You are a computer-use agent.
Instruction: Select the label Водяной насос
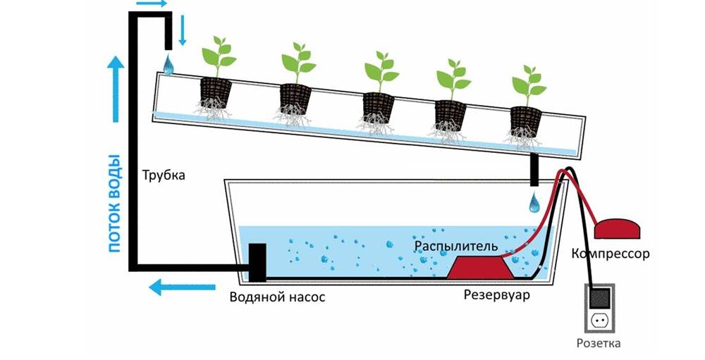pos(277,297)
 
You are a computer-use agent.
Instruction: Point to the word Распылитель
pos(456,247)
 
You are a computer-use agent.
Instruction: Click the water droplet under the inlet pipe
pos(168,65)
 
